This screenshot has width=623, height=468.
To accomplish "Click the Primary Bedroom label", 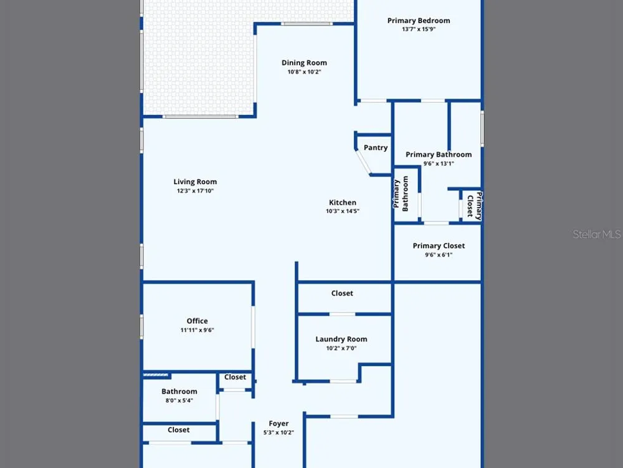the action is point(419,21).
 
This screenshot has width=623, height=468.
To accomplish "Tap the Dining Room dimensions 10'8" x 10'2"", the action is point(305,72).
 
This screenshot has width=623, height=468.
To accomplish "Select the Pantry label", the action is point(376,148).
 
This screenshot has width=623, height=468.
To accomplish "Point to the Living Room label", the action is point(195,182).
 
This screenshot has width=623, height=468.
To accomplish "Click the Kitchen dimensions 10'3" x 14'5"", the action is point(343,212).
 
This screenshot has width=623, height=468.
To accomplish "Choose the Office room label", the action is point(197,321).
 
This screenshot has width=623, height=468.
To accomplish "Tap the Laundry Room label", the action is point(341,339).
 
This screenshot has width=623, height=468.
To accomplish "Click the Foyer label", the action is point(278,424).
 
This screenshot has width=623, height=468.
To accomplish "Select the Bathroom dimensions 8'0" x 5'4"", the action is point(179,401).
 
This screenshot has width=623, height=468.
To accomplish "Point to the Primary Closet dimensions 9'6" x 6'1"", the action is point(439,255).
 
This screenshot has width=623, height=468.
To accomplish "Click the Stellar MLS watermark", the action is point(597,234).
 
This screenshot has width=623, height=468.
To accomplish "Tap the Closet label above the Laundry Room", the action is point(342,293).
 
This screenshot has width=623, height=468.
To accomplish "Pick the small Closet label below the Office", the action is point(235,377).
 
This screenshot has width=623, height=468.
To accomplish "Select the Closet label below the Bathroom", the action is point(178,430).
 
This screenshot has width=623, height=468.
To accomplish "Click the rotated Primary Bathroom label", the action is point(401,194).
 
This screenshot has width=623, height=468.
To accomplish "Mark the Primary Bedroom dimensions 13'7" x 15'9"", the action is point(419,29).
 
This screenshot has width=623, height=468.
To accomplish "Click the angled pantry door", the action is point(364,162).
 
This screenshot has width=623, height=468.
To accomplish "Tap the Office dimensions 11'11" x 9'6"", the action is point(197,330).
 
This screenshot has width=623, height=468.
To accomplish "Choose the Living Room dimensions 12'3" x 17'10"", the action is point(195,191).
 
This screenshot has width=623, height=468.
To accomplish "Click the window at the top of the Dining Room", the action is point(307,24).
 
